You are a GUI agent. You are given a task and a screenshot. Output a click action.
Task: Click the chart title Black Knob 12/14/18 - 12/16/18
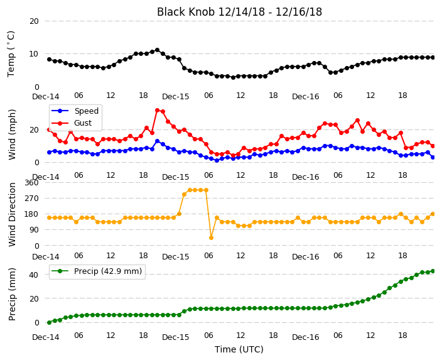(x=239, y=12)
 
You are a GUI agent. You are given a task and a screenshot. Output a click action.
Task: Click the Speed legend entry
(x=75, y=111)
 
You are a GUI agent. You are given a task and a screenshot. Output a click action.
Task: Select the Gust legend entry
(x=72, y=123)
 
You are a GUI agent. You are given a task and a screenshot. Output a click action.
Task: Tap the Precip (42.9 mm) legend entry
(x=97, y=271)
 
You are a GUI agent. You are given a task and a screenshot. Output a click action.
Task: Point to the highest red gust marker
(x=158, y=111)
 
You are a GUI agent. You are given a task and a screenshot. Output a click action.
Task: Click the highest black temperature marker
(x=158, y=50)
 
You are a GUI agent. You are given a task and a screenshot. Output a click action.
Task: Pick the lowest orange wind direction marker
(x=211, y=238)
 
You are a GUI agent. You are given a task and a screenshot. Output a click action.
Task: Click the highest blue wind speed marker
(x=158, y=141)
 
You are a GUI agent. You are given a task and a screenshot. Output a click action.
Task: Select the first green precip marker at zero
(x=50, y=322)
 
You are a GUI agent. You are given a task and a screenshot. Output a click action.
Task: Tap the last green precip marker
(x=433, y=271)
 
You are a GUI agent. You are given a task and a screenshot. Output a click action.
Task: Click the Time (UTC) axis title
(x=239, y=349)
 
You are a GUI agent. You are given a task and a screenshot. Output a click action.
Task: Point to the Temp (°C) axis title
(x=11, y=54)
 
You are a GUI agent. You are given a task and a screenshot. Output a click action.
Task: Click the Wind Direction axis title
(x=12, y=215)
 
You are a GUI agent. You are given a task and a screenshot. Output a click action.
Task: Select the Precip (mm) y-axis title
(x=12, y=294)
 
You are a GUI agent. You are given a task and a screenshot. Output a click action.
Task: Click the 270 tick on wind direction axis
(x=31, y=199)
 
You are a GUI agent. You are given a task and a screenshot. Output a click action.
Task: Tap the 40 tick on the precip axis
(x=34, y=275)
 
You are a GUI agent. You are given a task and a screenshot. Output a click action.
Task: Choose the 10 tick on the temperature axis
(x=34, y=54)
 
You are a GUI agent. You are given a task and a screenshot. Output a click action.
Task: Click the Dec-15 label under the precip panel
(x=175, y=337)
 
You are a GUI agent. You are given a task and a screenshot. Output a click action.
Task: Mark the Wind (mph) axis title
(x=12, y=134)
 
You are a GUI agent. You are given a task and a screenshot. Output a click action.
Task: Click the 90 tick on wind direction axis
(x=34, y=230)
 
